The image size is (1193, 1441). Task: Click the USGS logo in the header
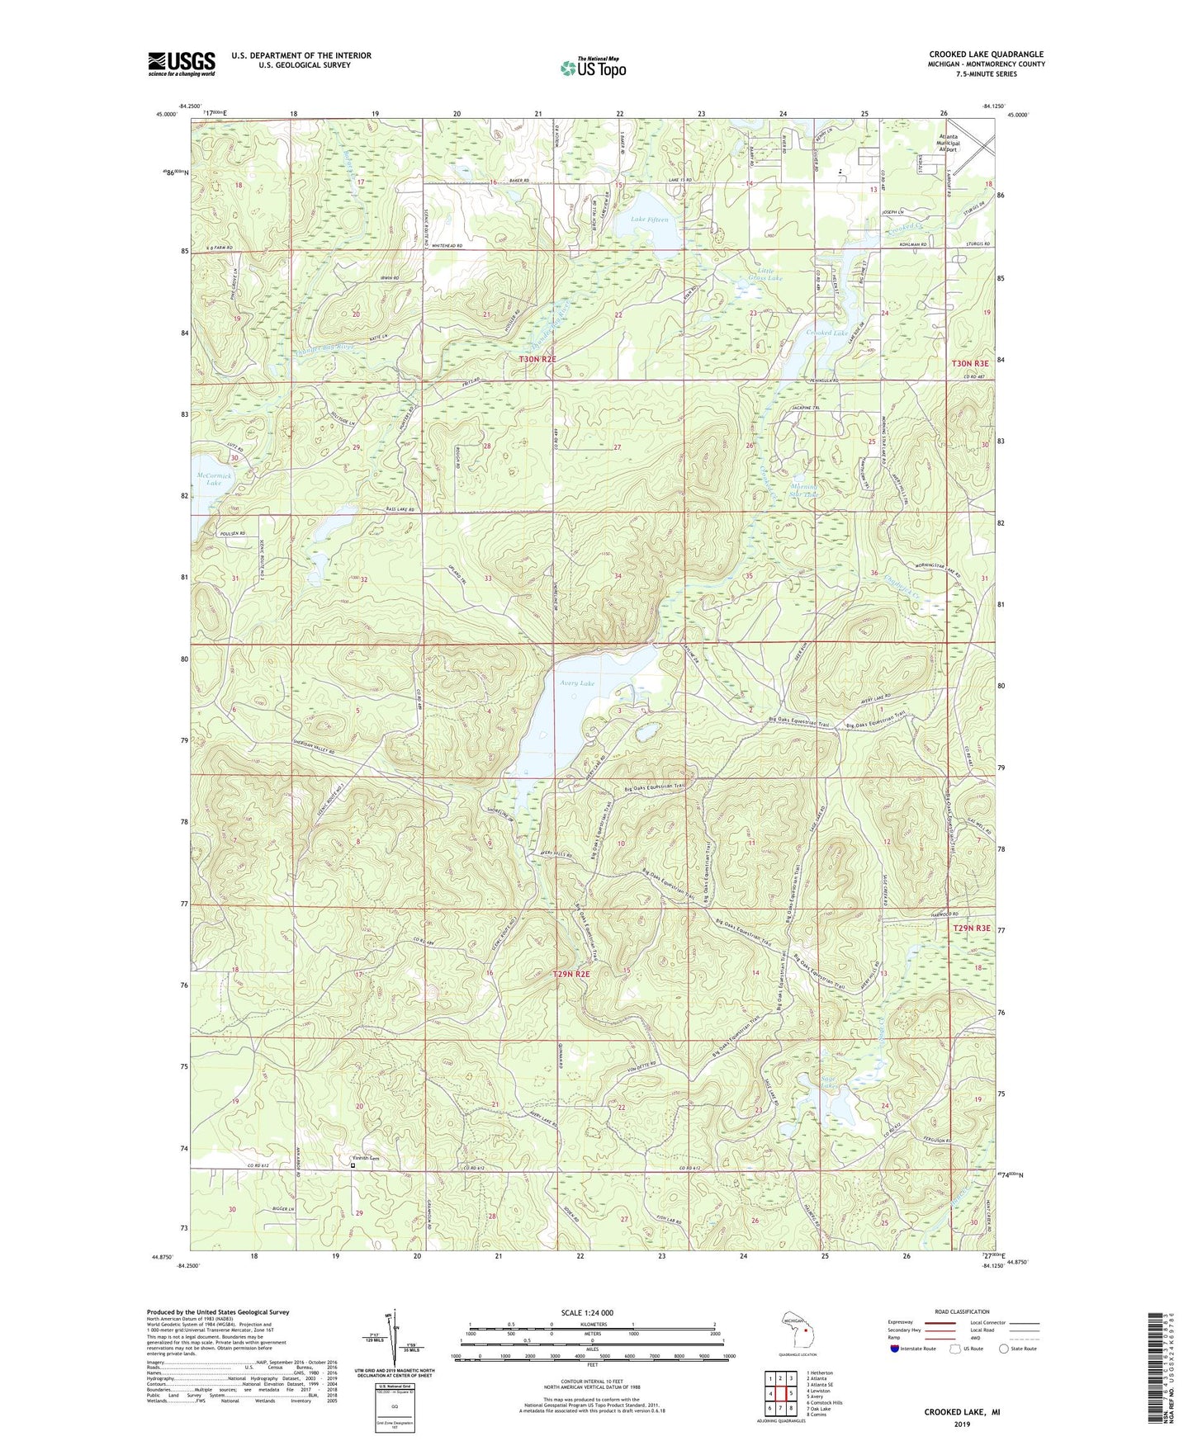(x=182, y=63)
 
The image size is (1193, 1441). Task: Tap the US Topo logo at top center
(x=592, y=68)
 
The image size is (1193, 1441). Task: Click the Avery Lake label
(x=576, y=683)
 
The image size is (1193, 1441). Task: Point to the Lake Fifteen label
(x=650, y=220)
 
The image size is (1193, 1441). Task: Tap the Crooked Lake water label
(x=827, y=333)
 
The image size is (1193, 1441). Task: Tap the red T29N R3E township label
(x=971, y=928)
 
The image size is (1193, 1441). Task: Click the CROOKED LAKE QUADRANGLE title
(x=986, y=54)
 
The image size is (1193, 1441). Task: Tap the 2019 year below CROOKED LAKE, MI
(x=962, y=1424)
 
